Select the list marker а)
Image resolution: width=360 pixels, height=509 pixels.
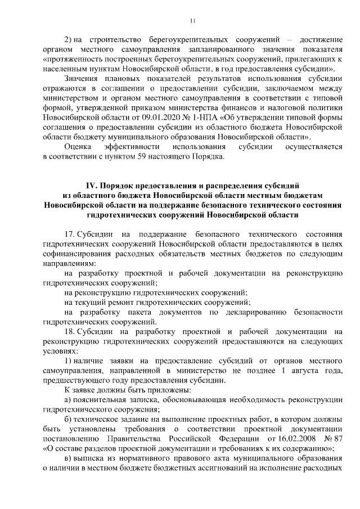click(x=69, y=399)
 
